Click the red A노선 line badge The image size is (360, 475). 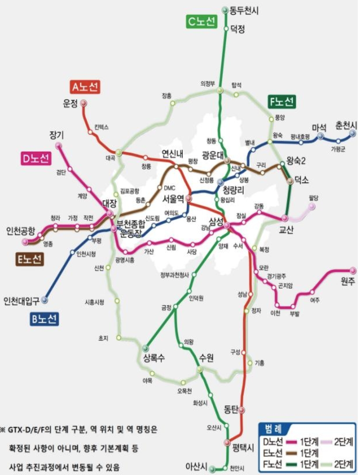85,87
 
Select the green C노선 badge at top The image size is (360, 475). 201,21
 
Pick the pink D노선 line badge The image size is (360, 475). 36,159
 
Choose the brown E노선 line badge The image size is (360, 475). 29,259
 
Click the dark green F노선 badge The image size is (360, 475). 282,102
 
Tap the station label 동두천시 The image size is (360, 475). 244,10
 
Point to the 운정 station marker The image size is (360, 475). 84,103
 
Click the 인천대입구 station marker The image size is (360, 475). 44,300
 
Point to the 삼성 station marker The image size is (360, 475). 227,225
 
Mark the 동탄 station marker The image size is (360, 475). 242,409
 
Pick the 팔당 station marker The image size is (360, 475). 312,207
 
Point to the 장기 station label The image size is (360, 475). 57,135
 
